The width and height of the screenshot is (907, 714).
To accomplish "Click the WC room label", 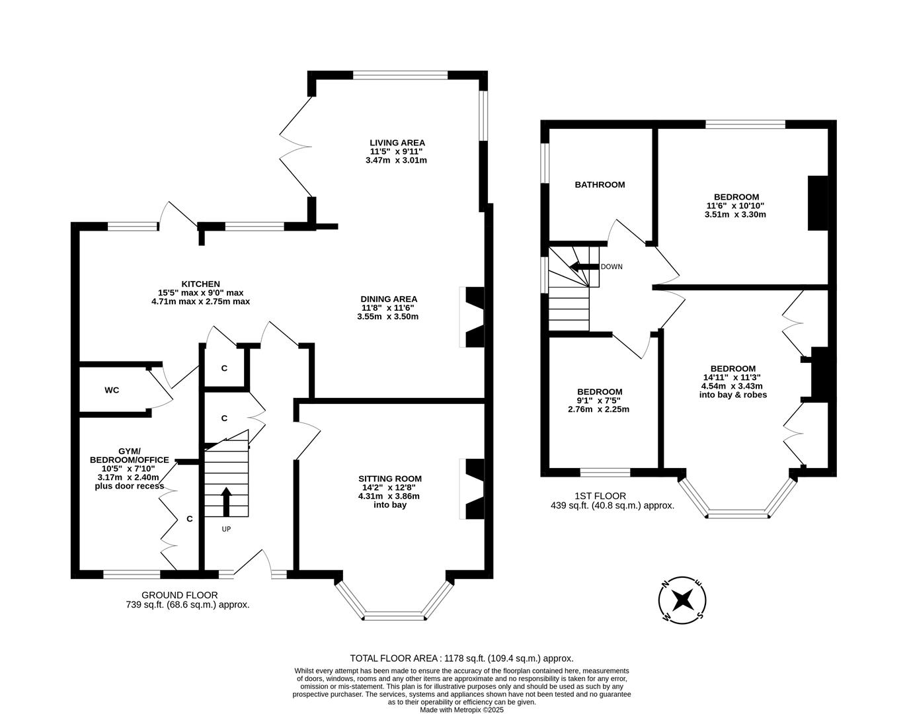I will pyautogui.click(x=112, y=390).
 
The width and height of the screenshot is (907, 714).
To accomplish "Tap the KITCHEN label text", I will pyautogui.click(x=201, y=284).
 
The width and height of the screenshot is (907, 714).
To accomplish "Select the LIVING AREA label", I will pyautogui.click(x=397, y=143).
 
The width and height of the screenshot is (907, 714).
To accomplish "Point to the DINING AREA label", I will pyautogui.click(x=389, y=299).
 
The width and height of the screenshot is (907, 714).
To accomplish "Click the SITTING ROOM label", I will pyautogui.click(x=389, y=479).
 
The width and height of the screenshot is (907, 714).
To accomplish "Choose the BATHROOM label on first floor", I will pyautogui.click(x=599, y=185).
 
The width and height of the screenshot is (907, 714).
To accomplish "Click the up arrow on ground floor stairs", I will pyautogui.click(x=226, y=501).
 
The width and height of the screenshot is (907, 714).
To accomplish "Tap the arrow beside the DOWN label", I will pyautogui.click(x=583, y=267).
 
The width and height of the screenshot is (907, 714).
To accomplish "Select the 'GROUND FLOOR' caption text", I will pyautogui.click(x=179, y=595).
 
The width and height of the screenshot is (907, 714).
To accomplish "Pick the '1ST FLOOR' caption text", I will pyautogui.click(x=600, y=496).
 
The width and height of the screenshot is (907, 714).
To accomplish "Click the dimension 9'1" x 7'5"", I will pyautogui.click(x=598, y=400).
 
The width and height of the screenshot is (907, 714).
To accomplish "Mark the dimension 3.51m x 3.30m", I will pyautogui.click(x=736, y=214).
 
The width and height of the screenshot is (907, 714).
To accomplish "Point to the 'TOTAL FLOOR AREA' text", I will pyautogui.click(x=394, y=658).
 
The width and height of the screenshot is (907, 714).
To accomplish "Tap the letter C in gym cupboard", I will pyautogui.click(x=189, y=519).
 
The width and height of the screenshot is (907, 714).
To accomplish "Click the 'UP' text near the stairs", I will pyautogui.click(x=226, y=529).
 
